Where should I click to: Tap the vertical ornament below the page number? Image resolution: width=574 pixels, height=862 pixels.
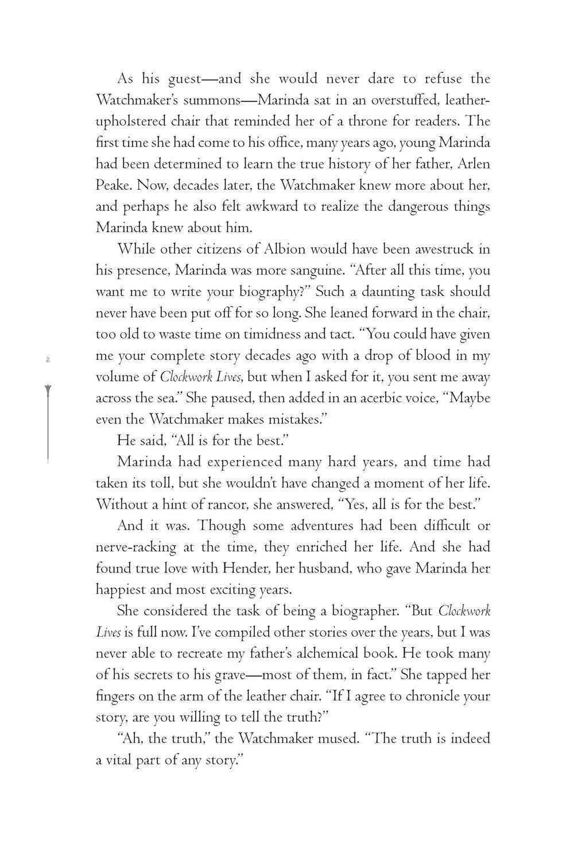[x=48, y=422]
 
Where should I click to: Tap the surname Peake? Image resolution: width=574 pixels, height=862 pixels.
[x=111, y=186]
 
